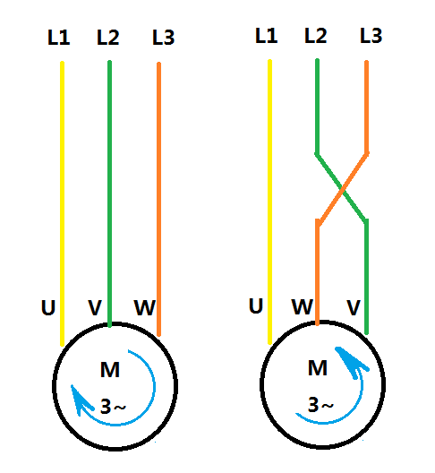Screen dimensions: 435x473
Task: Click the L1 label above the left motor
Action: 59,38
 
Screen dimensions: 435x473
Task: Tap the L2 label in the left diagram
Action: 108,38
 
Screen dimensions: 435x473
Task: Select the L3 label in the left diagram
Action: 164,38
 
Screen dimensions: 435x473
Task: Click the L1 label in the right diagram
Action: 267,35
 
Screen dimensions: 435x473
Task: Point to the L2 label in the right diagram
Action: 316,35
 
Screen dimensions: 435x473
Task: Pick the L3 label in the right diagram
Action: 371,35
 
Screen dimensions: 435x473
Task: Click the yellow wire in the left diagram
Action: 62,203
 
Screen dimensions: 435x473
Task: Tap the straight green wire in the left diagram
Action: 110,193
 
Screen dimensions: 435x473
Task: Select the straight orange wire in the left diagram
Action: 158,199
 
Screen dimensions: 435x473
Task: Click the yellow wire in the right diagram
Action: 269,202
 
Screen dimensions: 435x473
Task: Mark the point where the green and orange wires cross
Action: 342,190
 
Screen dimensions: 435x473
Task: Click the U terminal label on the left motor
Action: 48,307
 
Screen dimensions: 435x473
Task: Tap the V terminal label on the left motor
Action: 95,307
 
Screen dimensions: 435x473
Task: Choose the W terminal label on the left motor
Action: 145,307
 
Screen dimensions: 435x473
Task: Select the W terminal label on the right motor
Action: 303,306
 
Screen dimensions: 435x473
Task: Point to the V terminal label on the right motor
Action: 354,307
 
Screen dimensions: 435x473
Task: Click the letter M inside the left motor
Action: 110,370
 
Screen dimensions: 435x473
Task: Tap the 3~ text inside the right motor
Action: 320,405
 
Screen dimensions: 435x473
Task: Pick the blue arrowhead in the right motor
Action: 351,362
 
